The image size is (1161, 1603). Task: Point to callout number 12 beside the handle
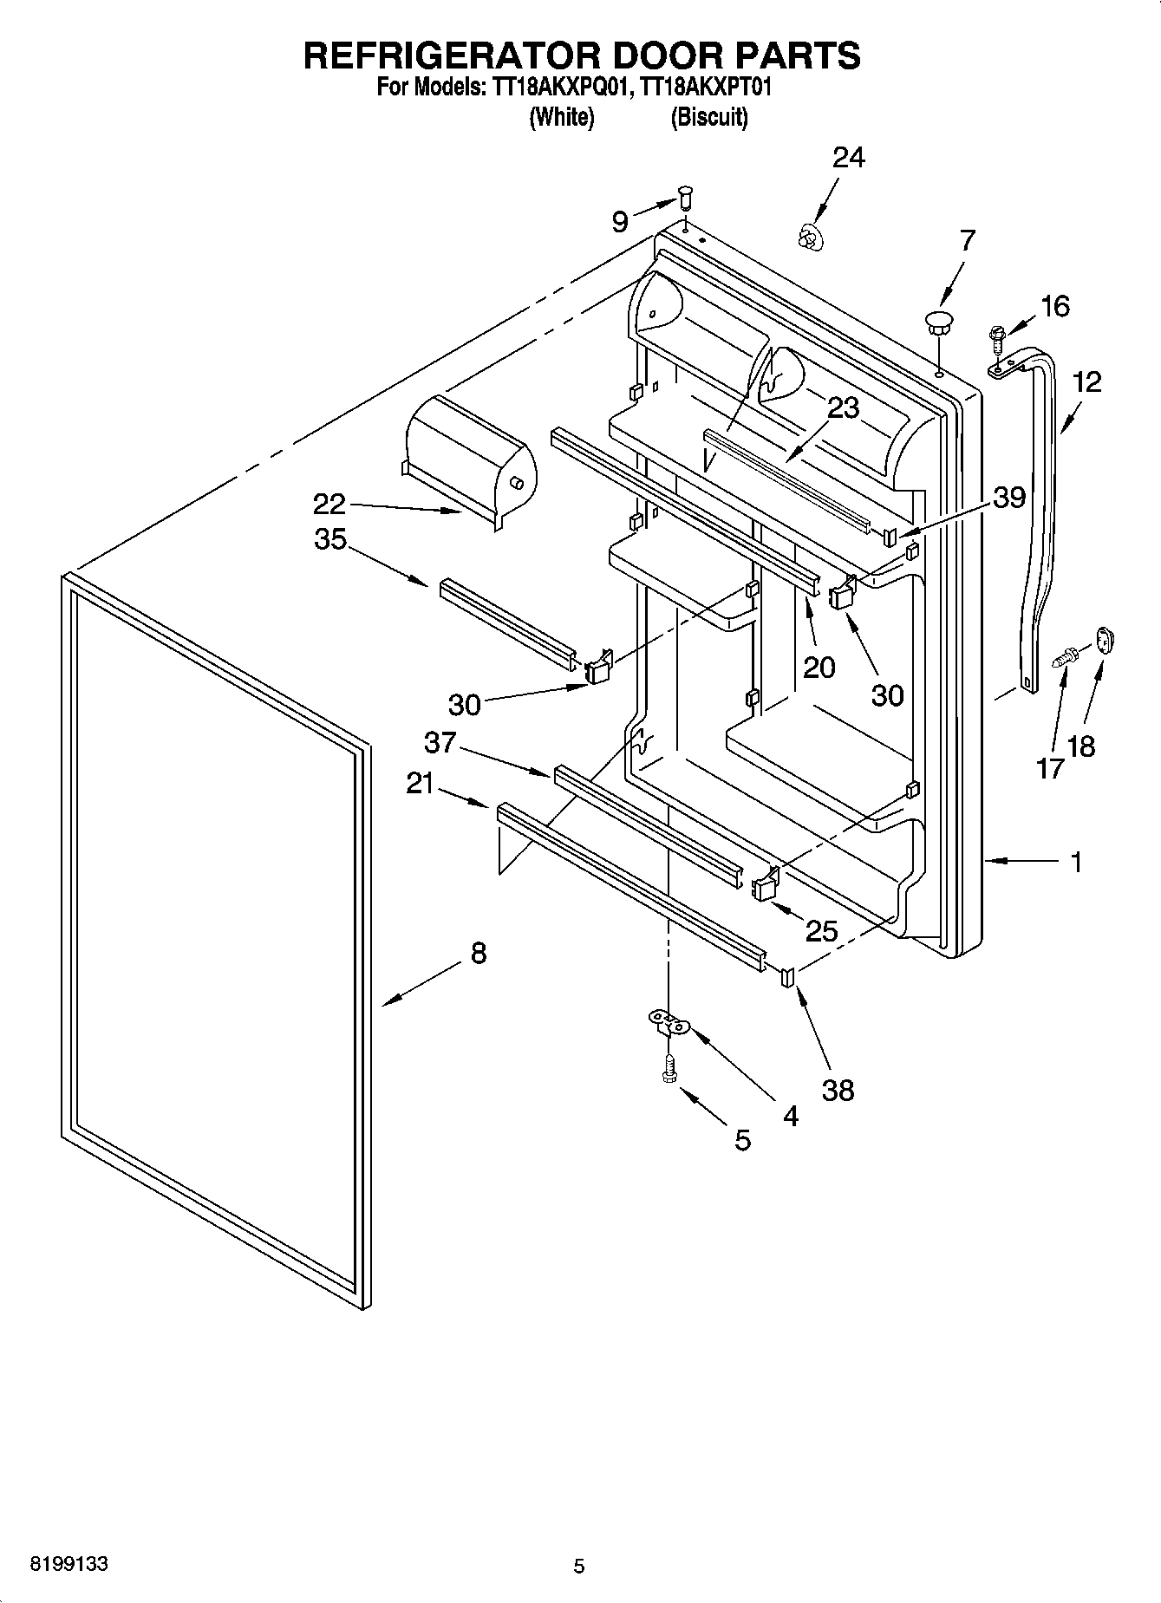click(1086, 381)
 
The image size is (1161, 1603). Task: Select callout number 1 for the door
click(1076, 862)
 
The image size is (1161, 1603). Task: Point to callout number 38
click(838, 1090)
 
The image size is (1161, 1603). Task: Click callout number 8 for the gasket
click(478, 954)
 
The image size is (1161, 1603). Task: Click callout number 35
click(330, 539)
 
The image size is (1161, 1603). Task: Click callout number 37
click(440, 742)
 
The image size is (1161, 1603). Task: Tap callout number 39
click(1009, 498)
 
